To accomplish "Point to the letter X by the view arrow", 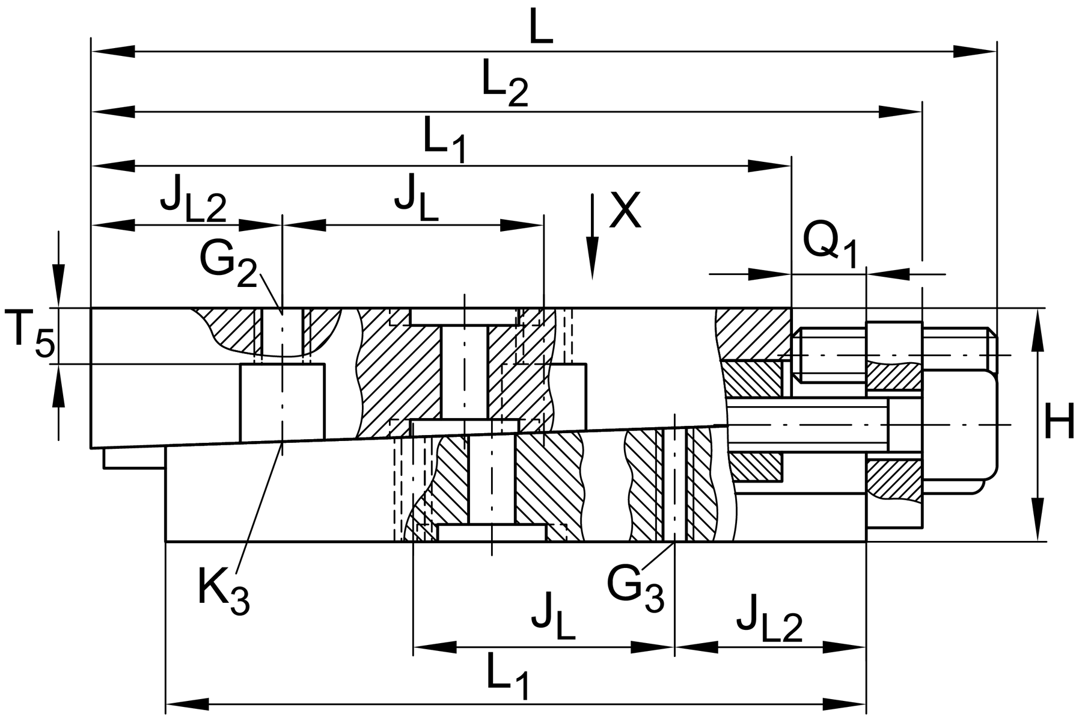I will tap(625, 211).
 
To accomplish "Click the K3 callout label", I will tap(223, 592).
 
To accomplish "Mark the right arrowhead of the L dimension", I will tap(977, 52).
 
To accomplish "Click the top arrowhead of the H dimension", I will tap(1038, 331).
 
